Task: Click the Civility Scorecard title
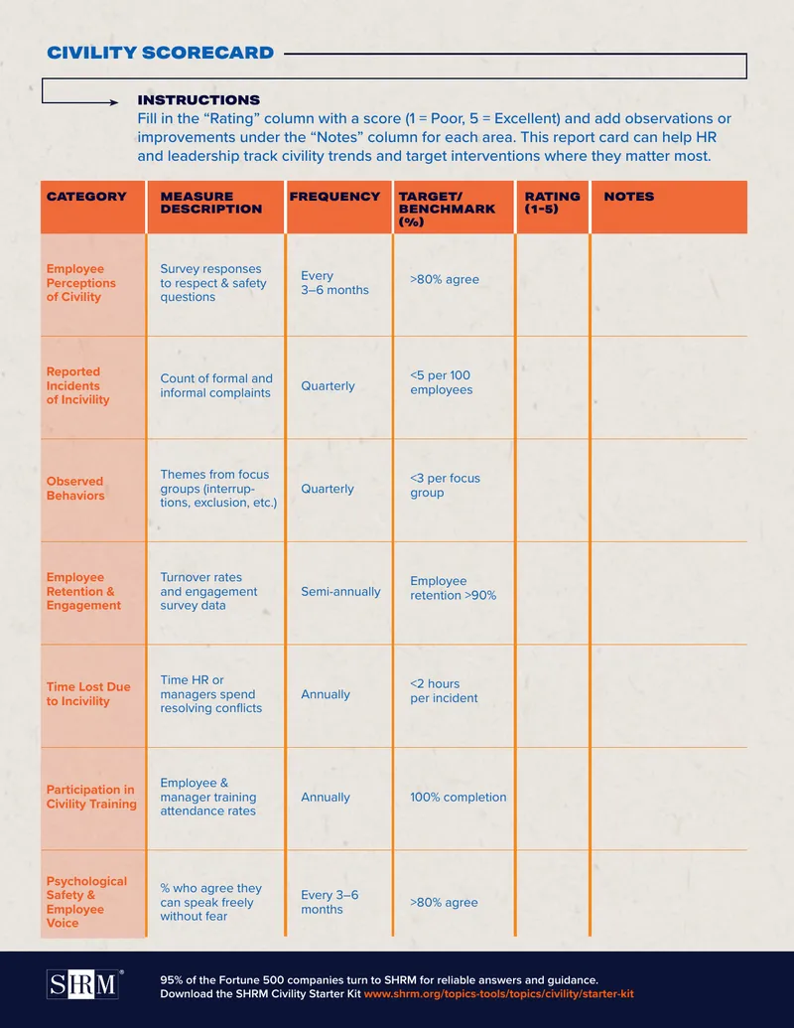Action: pyautogui.click(x=160, y=53)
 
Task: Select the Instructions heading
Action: pyautogui.click(x=198, y=100)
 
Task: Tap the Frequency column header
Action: pyautogui.click(x=334, y=197)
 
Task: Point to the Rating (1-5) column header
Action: pyautogui.click(x=552, y=203)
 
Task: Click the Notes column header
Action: pyautogui.click(x=629, y=197)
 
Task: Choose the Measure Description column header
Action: pyautogui.click(x=211, y=203)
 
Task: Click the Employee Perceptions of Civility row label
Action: pyautogui.click(x=80, y=282)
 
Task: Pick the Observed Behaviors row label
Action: pyautogui.click(x=75, y=489)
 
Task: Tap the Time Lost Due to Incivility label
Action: pyautogui.click(x=88, y=693)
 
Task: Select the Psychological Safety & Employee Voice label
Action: pyautogui.click(x=86, y=902)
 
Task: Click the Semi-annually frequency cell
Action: pyautogui.click(x=340, y=591)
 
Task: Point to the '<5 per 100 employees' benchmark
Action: pyautogui.click(x=441, y=382)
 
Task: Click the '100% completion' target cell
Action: pyautogui.click(x=458, y=798)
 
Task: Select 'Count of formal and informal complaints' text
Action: pyautogui.click(x=216, y=385)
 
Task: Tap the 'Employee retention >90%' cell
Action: pyautogui.click(x=453, y=588)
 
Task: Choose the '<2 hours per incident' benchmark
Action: pyautogui.click(x=444, y=691)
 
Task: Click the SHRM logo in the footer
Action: pyautogui.click(x=83, y=984)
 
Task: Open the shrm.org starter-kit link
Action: pyautogui.click(x=498, y=994)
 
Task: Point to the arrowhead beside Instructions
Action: pyautogui.click(x=114, y=102)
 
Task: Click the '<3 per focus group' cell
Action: pyautogui.click(x=445, y=485)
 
